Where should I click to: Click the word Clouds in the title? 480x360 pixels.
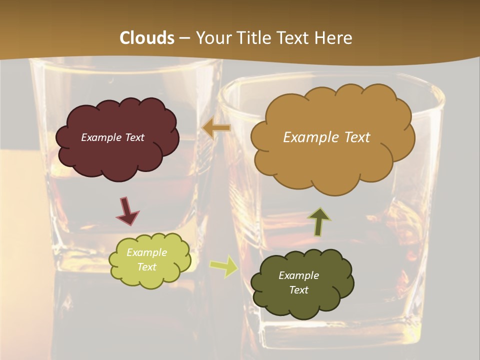[147, 38]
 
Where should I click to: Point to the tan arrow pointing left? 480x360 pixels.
[216, 128]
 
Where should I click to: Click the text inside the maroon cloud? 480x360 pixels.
[112, 137]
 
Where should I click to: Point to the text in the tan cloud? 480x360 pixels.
[326, 137]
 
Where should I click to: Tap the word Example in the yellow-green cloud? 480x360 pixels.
[146, 253]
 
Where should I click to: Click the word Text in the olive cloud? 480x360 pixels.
[298, 290]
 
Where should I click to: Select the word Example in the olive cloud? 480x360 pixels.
[298, 275]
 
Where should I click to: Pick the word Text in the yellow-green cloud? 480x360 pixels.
[146, 267]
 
